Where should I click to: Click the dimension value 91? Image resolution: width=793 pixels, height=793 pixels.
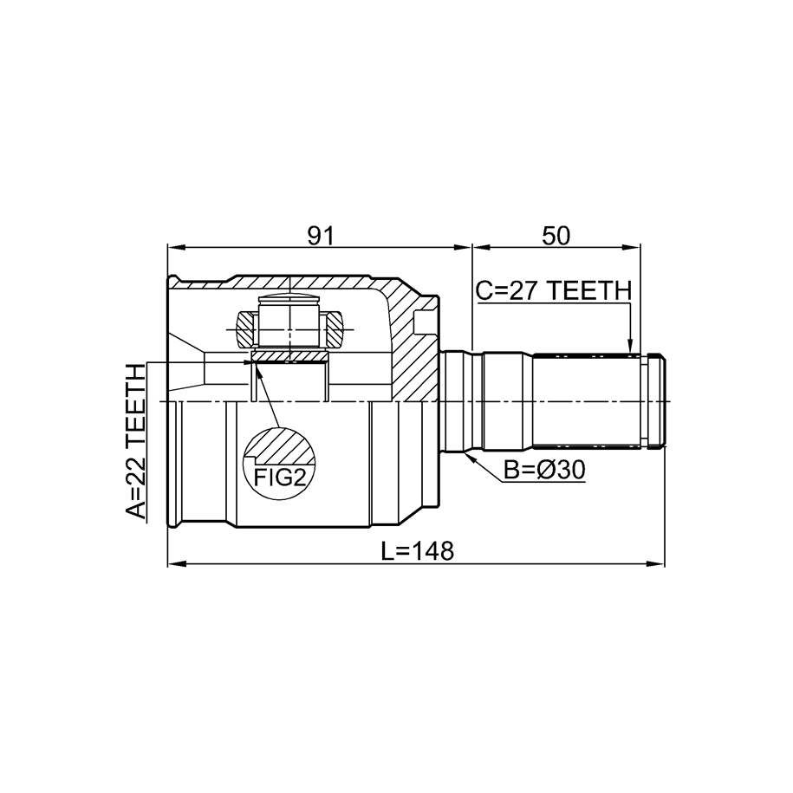pos(322,236)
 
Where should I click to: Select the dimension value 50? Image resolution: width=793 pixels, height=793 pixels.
pos(556,236)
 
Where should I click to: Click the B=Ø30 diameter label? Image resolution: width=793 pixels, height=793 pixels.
pos(544,471)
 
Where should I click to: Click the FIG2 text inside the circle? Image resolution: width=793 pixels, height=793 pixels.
pos(280,477)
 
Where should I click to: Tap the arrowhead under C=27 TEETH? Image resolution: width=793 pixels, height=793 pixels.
pos(630,346)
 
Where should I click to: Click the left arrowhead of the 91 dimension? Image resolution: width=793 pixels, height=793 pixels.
pos(176,247)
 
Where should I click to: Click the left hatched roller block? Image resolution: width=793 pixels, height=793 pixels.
pos(247,329)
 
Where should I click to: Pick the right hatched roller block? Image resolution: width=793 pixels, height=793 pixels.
pos(334,329)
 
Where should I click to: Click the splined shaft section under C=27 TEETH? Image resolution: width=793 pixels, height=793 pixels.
pos(586,401)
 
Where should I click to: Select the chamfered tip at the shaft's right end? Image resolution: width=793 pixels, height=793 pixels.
pos(656,401)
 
